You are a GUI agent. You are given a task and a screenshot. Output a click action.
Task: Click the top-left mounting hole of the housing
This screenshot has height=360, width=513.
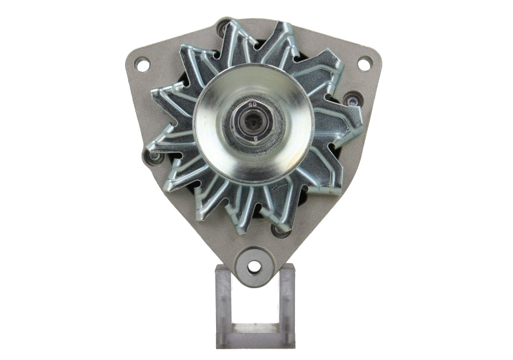click(142, 64)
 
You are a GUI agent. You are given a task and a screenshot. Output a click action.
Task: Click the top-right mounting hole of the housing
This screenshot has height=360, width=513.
click(364, 64)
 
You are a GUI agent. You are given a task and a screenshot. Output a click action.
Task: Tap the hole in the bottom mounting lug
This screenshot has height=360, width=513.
click(255, 266)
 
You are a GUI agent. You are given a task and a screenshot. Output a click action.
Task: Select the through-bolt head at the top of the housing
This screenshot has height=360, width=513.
click(223, 27)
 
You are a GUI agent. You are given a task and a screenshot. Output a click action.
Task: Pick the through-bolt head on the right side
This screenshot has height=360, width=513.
click(351, 99)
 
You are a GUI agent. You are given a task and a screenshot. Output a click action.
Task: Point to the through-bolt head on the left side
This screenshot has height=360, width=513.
click(153, 156)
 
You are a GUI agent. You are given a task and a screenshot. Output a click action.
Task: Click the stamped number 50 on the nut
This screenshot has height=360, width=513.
click(252, 103)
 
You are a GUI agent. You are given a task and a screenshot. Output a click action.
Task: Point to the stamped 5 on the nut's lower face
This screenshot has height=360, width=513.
click(255, 136)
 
